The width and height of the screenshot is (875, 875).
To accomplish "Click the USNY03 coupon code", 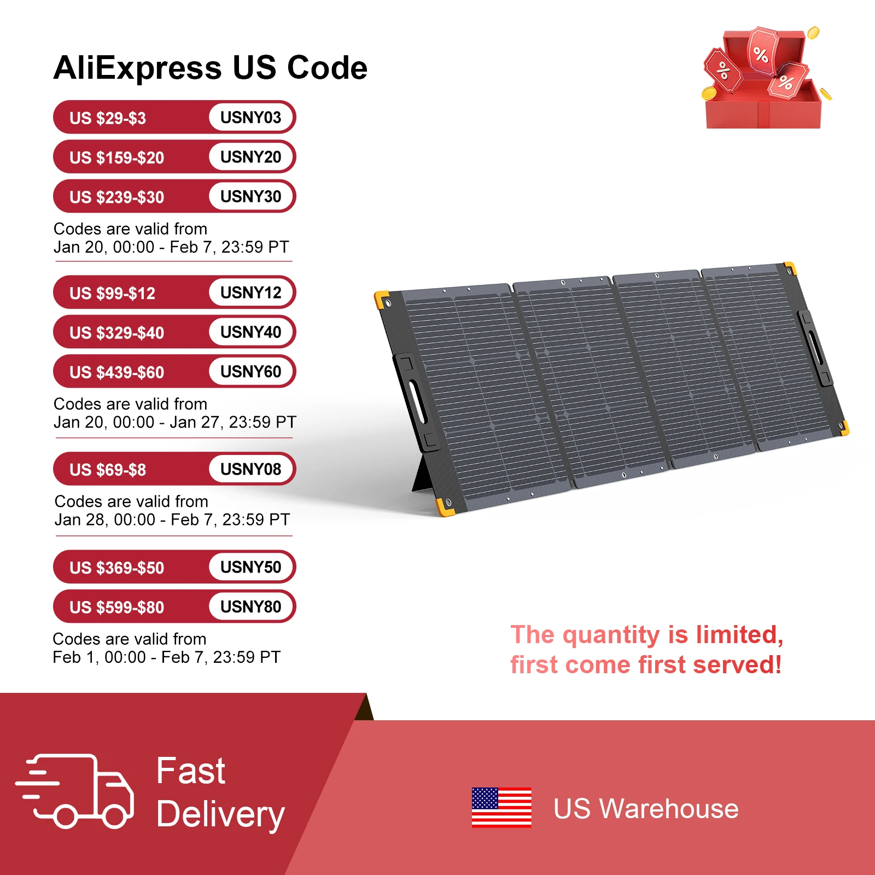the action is click(x=250, y=117).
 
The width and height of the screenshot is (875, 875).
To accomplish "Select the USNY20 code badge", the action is click(x=250, y=157).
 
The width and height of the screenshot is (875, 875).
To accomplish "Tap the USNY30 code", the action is click(x=250, y=196).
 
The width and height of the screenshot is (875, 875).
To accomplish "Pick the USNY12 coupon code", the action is click(x=250, y=293).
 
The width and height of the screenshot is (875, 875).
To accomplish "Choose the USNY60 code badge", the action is click(x=250, y=371).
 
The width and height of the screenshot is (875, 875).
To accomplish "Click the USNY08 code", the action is click(x=250, y=469).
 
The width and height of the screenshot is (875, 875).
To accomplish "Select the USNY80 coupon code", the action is click(x=250, y=606).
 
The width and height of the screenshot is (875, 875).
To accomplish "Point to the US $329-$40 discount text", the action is click(x=116, y=333).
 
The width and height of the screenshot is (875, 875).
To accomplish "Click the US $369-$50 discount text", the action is click(x=116, y=568).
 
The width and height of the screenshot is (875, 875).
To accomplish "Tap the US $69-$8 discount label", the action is click(x=108, y=470).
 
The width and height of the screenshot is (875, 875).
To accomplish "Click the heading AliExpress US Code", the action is click(x=211, y=68).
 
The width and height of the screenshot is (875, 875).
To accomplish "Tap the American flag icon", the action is click(x=501, y=808).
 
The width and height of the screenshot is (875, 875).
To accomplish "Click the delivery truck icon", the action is click(x=75, y=791).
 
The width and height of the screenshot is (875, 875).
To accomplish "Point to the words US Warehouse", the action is click(x=646, y=809).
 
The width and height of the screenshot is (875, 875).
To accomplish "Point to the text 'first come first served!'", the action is click(x=646, y=665).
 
